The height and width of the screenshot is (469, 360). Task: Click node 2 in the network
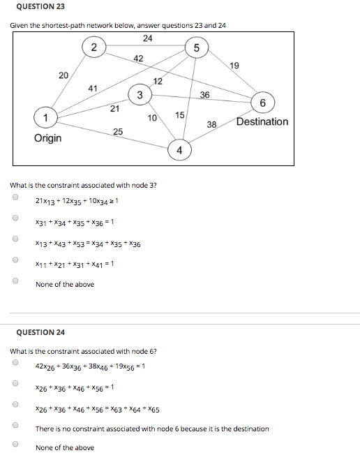point(93,47)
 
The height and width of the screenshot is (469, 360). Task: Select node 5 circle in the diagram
point(197,47)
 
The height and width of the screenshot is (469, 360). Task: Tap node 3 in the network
point(140,95)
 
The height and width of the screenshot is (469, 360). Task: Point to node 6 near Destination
point(262,103)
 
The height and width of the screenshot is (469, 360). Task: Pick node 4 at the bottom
point(179,150)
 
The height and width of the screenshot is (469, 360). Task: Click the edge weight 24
point(147,38)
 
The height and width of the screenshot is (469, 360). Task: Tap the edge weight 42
point(138,59)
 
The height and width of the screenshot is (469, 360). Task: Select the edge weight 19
point(234,65)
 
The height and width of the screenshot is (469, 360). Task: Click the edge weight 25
point(118,131)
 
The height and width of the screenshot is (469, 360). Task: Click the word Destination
point(262,121)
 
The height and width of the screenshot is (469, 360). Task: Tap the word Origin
point(47,137)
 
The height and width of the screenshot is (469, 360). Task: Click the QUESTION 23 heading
point(35,7)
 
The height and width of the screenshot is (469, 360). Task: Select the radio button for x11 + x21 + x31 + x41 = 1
point(15,262)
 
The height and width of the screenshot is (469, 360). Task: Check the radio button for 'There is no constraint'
point(15,425)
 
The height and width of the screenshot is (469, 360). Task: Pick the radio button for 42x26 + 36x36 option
point(15,363)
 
